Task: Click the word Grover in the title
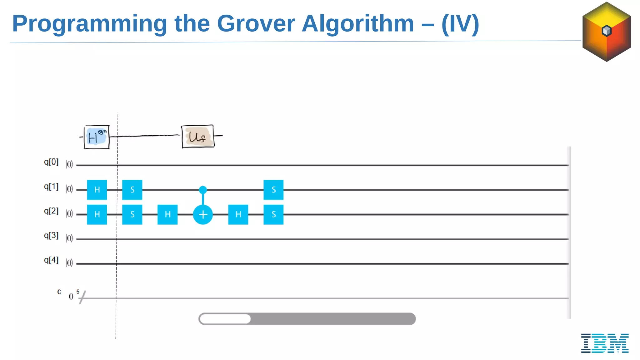pos(256,23)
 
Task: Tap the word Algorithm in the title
pos(357,23)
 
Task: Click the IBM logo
pos(605,343)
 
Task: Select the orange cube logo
pos(607,32)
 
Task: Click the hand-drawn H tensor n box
pos(97,137)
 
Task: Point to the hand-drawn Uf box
pos(198,136)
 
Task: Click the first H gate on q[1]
pos(97,190)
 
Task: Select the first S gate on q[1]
pos(132,190)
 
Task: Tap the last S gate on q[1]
pos(273,190)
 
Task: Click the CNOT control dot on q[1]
pos(203,189)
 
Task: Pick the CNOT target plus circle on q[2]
pos(203,214)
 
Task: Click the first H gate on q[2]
pos(97,214)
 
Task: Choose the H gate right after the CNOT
pos(238,214)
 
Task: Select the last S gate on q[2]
pos(273,214)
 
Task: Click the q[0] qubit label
pos(51,162)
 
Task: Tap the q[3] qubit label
pos(51,235)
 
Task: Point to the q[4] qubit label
pos(51,260)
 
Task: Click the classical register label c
pos(59,292)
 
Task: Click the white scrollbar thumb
pos(225,319)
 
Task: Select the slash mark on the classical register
pos(82,297)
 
